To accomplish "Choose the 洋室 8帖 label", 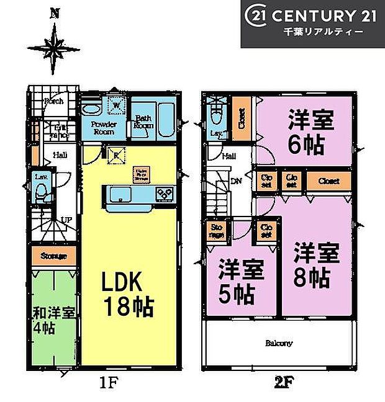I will pos(316,266).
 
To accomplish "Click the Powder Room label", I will pos(104,128).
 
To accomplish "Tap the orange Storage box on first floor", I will pos(54,255).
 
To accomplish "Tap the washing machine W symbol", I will pos(115,105).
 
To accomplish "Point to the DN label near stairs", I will pos(237,182).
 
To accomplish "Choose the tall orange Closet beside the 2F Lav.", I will pos(241,114).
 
